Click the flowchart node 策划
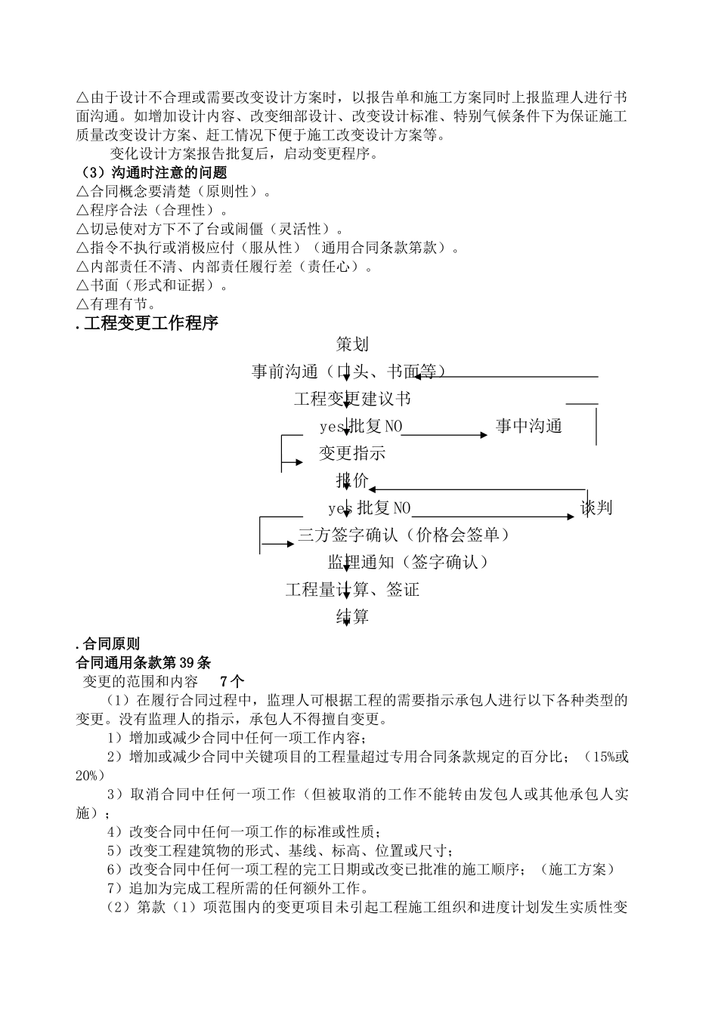pyautogui.click(x=352, y=344)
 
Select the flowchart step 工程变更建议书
pyautogui.click(x=352, y=399)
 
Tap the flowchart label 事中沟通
pyautogui.click(x=529, y=426)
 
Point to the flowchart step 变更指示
pyautogui.click(x=352, y=453)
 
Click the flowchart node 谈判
pyautogui.click(x=596, y=507)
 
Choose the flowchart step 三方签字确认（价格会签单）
pyautogui.click(x=404, y=535)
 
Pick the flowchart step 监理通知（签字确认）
pyautogui.click(x=408, y=562)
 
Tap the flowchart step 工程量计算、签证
pyautogui.click(x=352, y=589)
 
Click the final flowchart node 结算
pyautogui.click(x=352, y=616)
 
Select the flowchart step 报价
pyautogui.click(x=352, y=480)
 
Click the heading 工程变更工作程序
pyautogui.click(x=150, y=323)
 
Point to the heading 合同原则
pyautogui.click(x=110, y=644)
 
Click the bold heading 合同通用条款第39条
pyautogui.click(x=144, y=663)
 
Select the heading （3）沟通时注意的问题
pyautogui.click(x=152, y=173)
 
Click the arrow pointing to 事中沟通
pyautogui.click(x=446, y=434)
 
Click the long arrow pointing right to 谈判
pyautogui.click(x=491, y=517)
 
